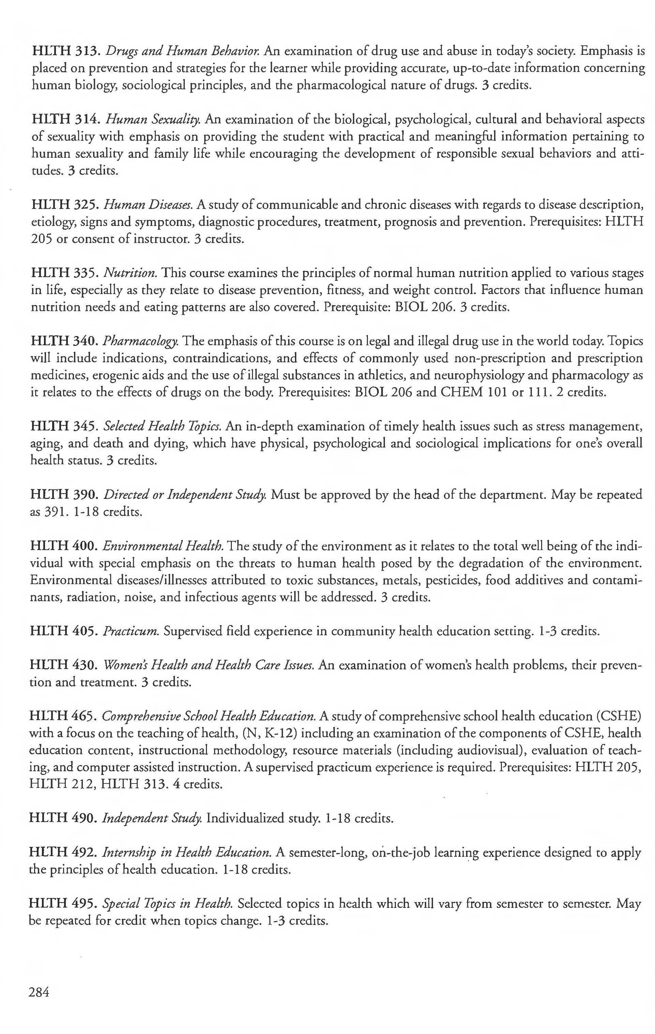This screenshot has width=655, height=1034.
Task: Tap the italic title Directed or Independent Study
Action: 185,495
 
